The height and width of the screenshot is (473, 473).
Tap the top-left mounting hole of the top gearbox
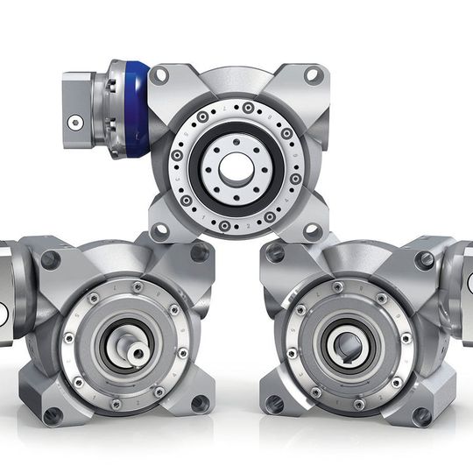coord(159,75)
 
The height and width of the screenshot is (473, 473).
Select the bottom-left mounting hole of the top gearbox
coord(159,231)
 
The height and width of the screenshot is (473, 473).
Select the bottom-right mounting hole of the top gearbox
coord(313,231)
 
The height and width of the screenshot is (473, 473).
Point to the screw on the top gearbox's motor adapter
coord(77,123)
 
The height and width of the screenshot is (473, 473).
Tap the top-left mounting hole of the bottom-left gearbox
coord(51,258)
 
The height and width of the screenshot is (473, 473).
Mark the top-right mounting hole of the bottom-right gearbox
coord(426,259)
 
